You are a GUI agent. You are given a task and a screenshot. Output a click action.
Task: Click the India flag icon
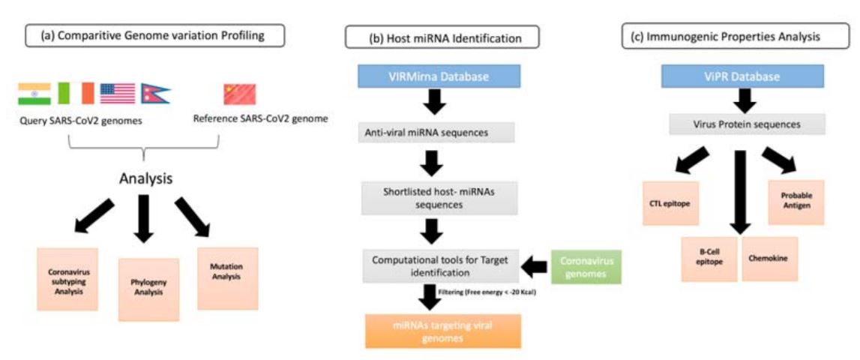tap(34, 94)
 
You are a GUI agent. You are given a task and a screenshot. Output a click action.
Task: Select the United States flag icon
tap(118, 94)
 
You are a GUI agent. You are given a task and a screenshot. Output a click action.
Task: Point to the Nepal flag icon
tap(155, 94)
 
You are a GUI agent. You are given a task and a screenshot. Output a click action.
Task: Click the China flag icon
tap(239, 94)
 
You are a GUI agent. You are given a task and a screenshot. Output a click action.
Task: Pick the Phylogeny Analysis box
tap(148, 289)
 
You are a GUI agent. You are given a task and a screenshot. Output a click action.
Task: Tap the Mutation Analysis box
tap(227, 277)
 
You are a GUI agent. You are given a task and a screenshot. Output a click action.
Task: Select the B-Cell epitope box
tap(711, 259)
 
